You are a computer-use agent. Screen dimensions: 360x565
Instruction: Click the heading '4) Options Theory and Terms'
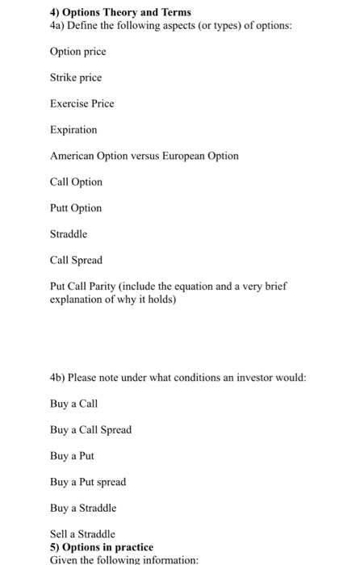pos(115,12)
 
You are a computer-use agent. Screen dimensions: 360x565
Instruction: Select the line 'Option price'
pos(77,52)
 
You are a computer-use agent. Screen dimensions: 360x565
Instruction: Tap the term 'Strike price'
pos(76,77)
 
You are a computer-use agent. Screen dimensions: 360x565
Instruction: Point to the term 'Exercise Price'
pos(82,103)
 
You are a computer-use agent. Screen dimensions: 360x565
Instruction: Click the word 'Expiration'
pos(73,129)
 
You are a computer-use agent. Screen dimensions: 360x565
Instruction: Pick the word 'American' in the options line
pos(73,156)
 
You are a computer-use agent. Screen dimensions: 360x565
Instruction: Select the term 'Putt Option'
pos(76,207)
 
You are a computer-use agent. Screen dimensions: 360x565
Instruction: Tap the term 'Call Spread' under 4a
pos(76,260)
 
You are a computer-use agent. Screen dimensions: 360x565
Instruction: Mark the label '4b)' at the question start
pos(57,378)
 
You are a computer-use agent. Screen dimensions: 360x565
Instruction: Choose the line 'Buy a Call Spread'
pos(90,429)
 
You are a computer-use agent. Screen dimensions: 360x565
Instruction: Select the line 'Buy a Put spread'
pos(88,482)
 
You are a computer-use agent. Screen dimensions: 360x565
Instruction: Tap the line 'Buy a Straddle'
pos(83,508)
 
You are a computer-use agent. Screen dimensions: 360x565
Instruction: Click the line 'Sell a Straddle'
pos(82,534)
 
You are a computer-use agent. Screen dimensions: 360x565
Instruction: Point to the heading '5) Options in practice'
pos(101,546)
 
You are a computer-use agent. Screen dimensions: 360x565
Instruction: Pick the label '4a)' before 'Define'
pos(57,25)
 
